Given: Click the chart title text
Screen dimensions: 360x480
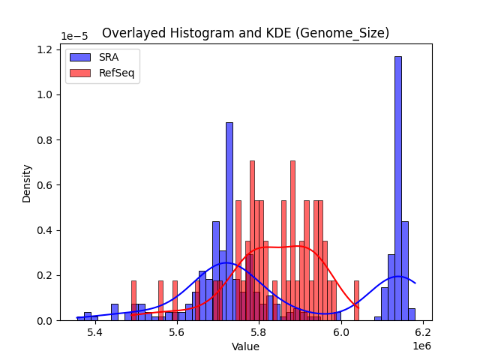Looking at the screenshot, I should pyautogui.click(x=245, y=33).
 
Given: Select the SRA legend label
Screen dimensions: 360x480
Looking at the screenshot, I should pyautogui.click(x=109, y=57).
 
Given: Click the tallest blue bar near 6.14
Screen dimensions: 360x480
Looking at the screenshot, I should pyautogui.click(x=398, y=187).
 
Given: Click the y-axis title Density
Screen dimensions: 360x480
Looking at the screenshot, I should pyautogui.click(x=27, y=183).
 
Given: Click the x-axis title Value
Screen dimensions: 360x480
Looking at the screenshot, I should pyautogui.click(x=245, y=346).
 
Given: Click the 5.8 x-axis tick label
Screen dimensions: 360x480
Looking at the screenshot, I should pyautogui.click(x=259, y=331).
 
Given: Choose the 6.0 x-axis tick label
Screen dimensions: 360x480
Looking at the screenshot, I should pyautogui.click(x=341, y=331).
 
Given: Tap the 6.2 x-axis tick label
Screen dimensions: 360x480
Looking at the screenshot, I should pyautogui.click(x=423, y=331).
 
